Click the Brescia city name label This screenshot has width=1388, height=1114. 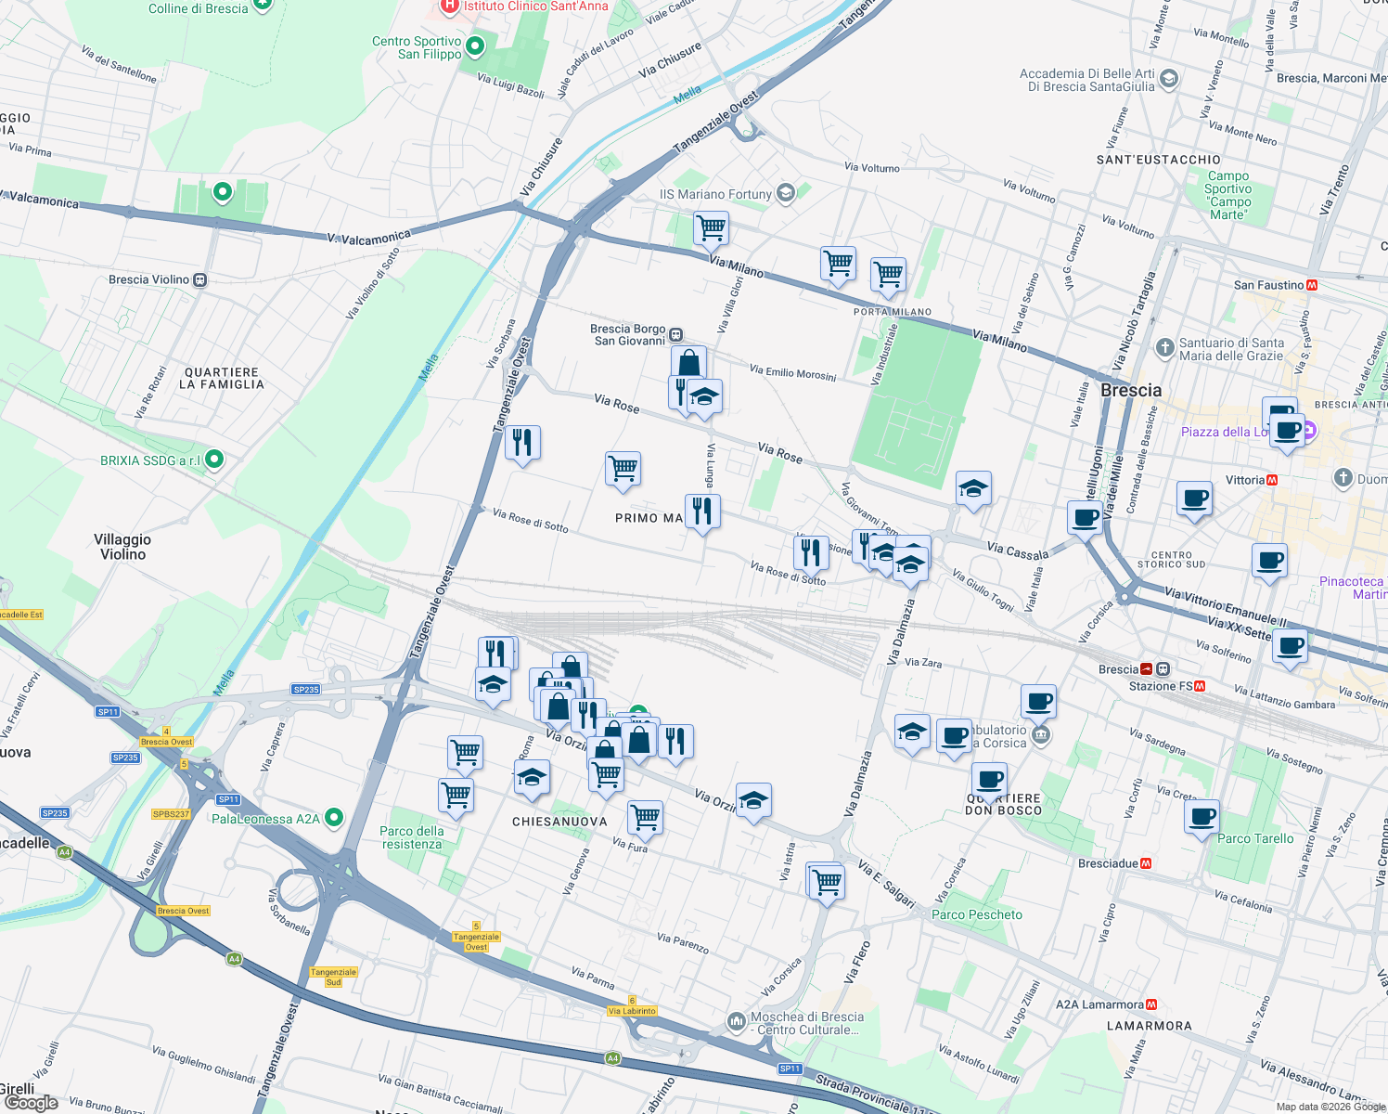[1130, 391]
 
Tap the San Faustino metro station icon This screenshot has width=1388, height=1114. [1312, 286]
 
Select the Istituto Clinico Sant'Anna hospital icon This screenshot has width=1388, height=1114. [450, 6]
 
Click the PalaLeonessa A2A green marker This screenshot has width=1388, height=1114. [334, 818]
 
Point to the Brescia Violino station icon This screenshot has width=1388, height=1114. [199, 279]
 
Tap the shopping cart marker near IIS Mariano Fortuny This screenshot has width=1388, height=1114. [711, 227]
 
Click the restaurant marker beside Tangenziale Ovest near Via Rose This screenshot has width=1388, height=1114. [522, 443]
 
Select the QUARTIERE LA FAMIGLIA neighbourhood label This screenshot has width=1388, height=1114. [221, 378]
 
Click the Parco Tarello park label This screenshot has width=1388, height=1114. [1254, 838]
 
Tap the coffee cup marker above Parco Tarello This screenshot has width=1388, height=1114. [1202, 818]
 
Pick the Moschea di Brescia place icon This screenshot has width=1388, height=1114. [737, 1021]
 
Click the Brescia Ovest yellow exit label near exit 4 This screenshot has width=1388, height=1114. [167, 742]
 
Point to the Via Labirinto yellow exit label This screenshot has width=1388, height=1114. [632, 1011]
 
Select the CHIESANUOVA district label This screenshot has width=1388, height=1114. [559, 822]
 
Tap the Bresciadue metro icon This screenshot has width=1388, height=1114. [1146, 863]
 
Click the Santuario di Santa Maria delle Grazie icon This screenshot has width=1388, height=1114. [1165, 348]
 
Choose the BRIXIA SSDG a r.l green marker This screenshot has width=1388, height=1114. [214, 460]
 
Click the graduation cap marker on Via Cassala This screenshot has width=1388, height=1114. [972, 488]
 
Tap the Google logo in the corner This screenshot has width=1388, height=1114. [31, 1102]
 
